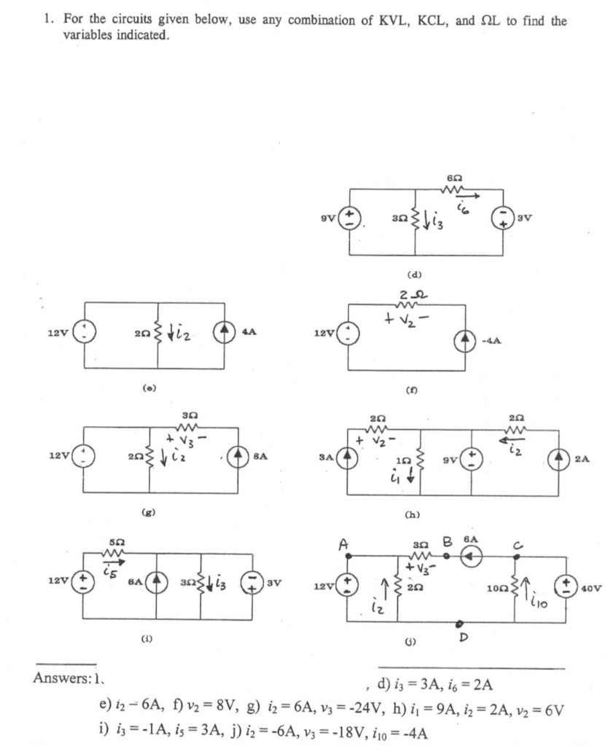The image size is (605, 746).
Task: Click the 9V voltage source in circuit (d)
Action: coord(349,216)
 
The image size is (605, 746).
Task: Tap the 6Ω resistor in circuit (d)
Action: coord(456,189)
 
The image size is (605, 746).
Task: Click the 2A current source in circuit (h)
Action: coord(561,460)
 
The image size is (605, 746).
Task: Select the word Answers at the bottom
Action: coord(60,678)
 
